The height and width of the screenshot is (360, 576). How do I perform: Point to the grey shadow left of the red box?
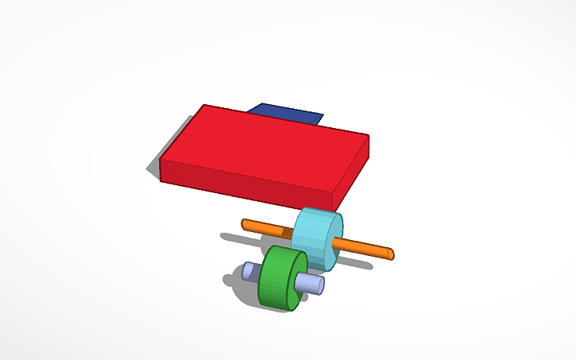[153, 164]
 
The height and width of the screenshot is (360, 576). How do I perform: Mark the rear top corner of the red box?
[203, 105]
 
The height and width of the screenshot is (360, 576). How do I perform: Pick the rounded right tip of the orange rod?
[389, 254]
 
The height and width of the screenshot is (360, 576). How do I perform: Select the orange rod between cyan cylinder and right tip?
[365, 247]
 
